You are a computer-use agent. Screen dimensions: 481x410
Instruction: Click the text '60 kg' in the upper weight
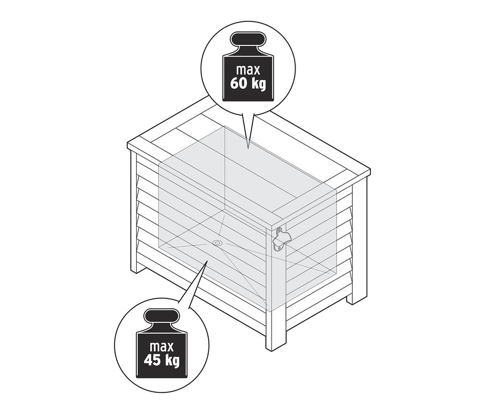[x=248, y=83]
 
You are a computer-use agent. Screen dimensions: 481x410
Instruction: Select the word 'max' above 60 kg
[x=248, y=69]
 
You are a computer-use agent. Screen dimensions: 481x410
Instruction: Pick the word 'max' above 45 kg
[x=161, y=346]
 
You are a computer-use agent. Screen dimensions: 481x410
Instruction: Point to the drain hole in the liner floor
[x=218, y=243]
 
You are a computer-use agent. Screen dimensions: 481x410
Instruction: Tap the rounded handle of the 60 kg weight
[x=248, y=39]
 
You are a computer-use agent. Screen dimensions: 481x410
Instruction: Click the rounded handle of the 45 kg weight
[x=161, y=316]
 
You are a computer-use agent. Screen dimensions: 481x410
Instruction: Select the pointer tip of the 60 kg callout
[x=249, y=149]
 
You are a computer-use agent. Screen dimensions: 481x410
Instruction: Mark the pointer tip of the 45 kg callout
[x=208, y=261]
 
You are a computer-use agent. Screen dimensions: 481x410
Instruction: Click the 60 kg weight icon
[x=248, y=66]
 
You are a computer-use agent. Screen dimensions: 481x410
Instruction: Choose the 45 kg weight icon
[x=161, y=343]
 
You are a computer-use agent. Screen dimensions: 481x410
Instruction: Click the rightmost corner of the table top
[x=370, y=169]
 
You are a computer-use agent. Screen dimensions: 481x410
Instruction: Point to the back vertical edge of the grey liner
[x=224, y=168]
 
